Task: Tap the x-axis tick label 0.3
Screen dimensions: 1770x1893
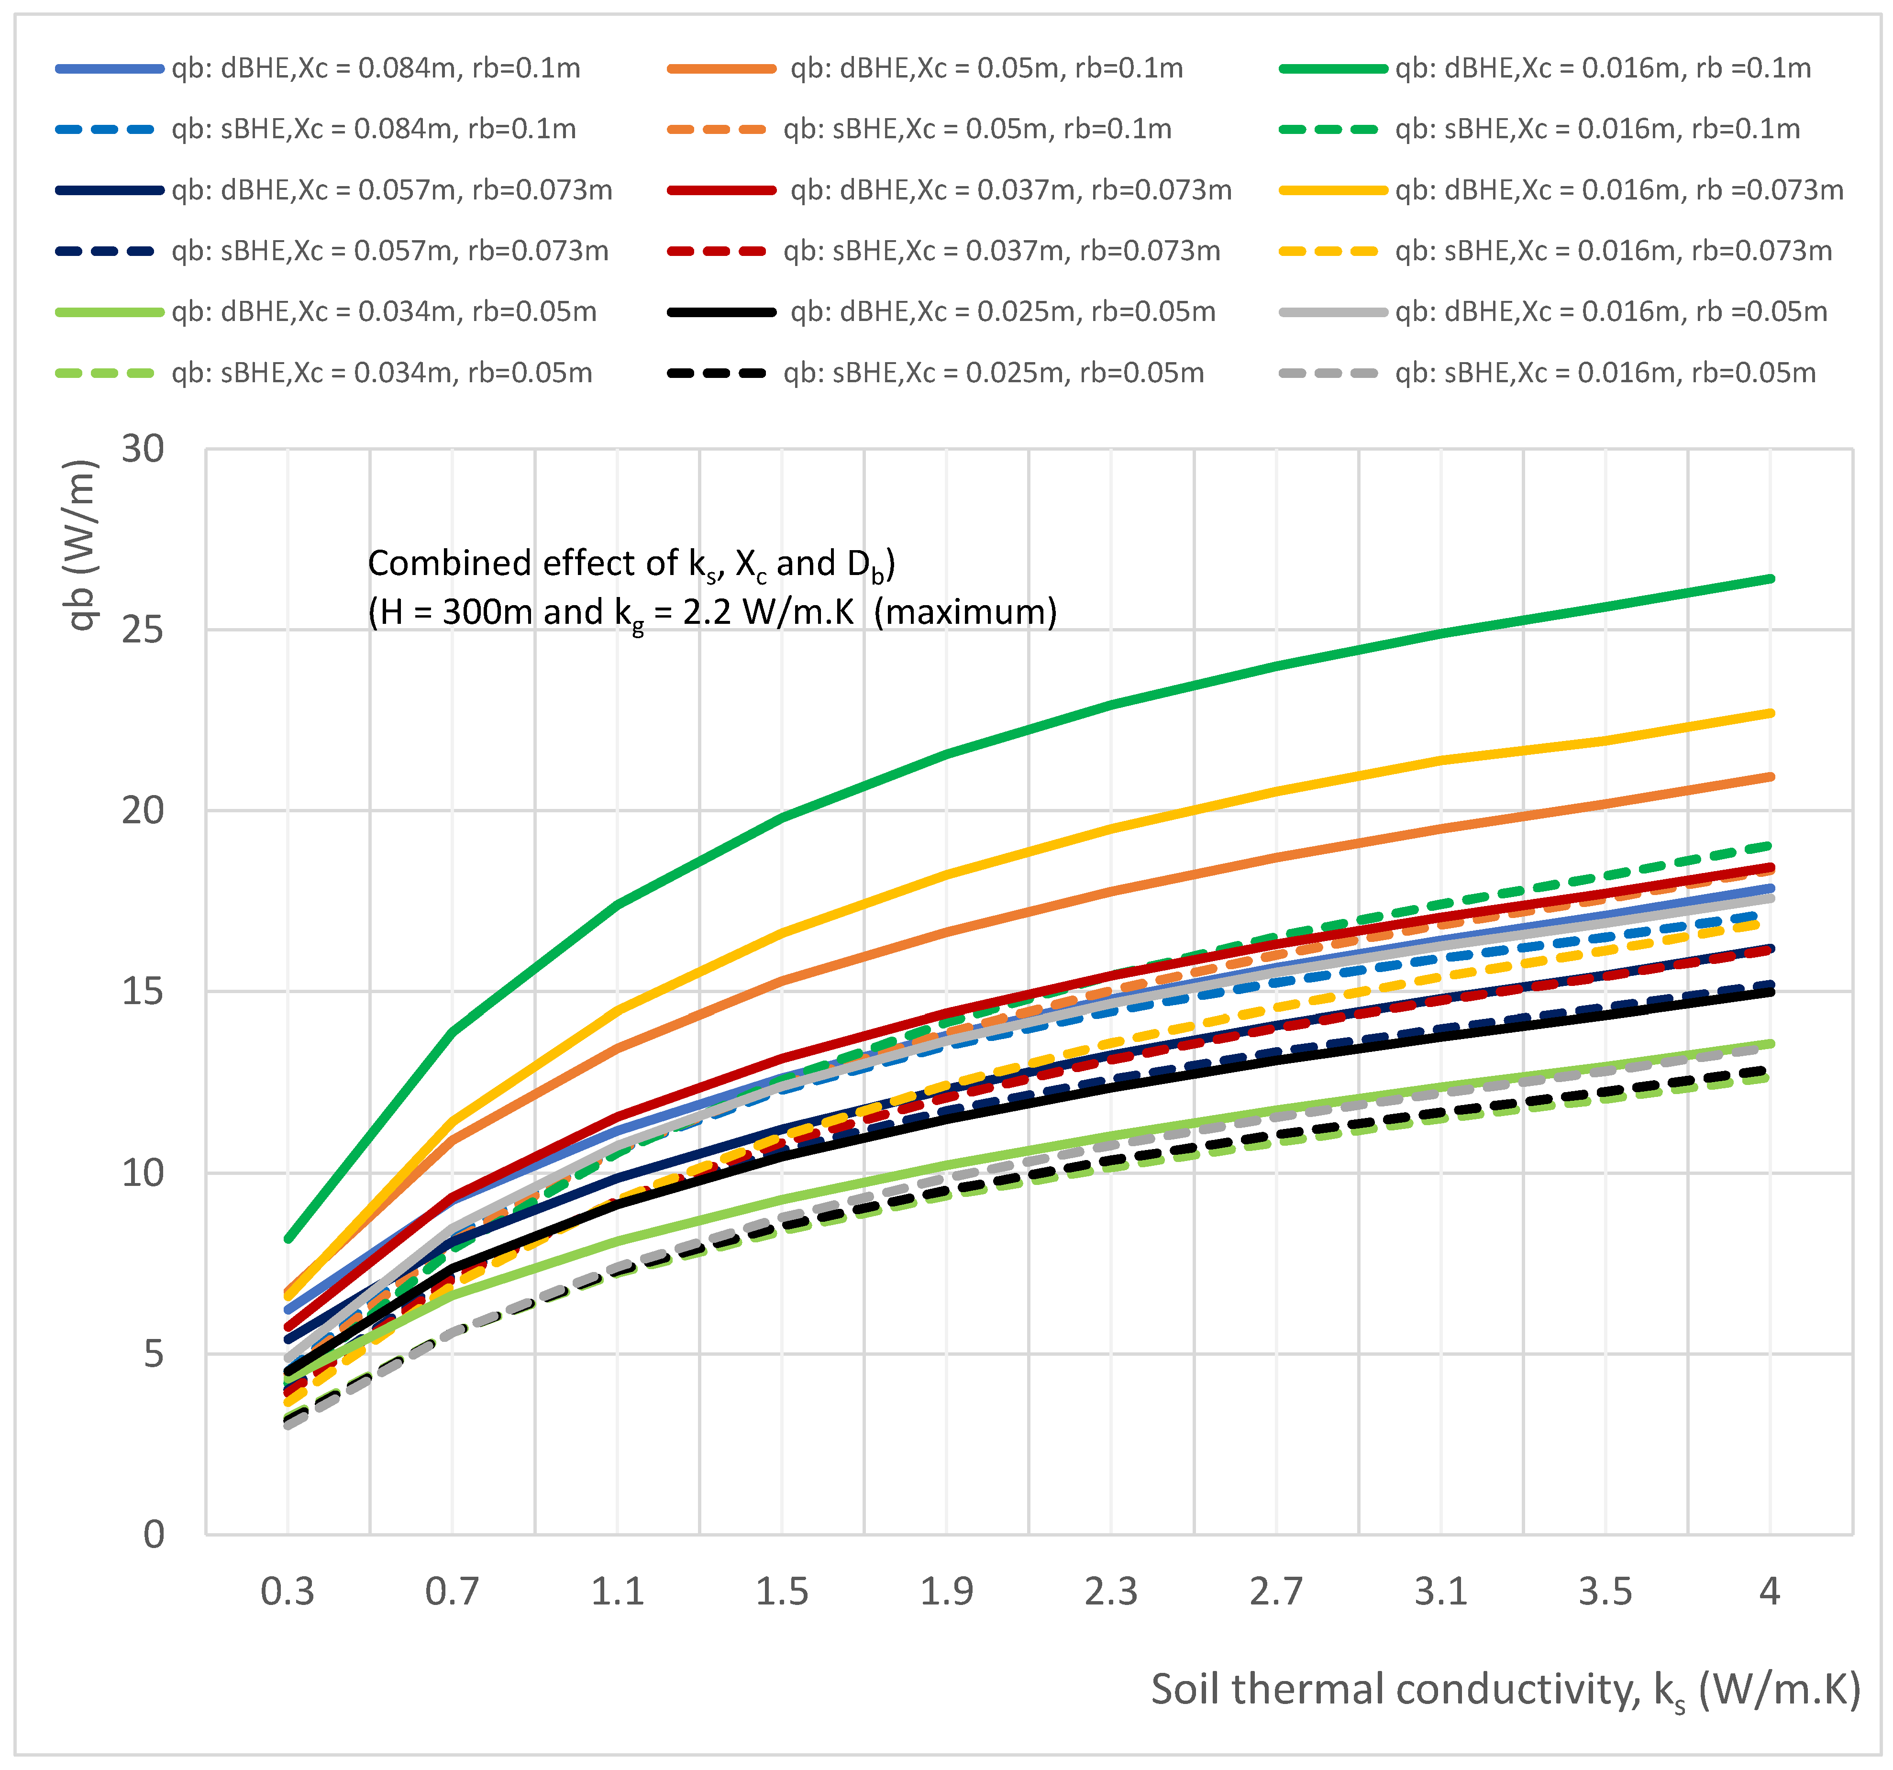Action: [288, 1591]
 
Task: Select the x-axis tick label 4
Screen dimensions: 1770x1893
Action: [1769, 1591]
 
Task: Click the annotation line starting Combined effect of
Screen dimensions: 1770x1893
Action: [631, 564]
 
